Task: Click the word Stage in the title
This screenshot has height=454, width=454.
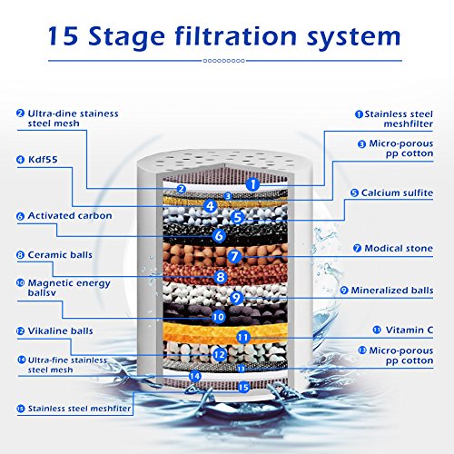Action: coord(126,37)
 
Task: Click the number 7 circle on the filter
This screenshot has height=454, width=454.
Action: coord(234,257)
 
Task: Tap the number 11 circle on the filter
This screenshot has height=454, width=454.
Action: coord(242,338)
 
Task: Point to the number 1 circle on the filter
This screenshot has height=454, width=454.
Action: coord(252,184)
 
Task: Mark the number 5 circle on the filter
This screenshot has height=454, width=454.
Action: coord(238,217)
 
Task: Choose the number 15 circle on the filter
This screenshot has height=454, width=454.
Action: coord(243,387)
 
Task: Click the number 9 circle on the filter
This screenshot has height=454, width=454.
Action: coord(237,298)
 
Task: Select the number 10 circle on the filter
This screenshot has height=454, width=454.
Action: coord(218,317)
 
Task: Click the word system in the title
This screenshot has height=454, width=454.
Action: coord(354,37)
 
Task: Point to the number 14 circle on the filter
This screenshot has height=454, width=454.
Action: coord(195,376)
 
